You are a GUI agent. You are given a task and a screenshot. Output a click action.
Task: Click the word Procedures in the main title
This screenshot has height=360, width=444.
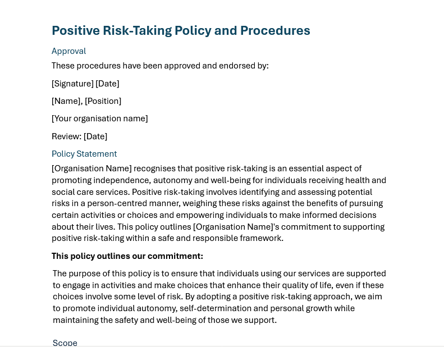(x=275, y=31)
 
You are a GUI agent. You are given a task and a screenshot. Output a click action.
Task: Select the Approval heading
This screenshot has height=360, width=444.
(x=68, y=51)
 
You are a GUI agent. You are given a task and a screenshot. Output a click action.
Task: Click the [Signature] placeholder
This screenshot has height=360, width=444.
(x=72, y=84)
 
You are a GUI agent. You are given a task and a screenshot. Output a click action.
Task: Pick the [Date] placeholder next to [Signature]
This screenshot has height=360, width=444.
(x=107, y=84)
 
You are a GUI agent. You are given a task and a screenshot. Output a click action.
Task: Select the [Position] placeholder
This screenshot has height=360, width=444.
(x=103, y=101)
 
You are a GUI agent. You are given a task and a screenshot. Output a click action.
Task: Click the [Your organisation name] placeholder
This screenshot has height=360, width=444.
(x=99, y=119)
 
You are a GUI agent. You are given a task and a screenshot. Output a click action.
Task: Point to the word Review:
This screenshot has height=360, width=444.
(x=66, y=136)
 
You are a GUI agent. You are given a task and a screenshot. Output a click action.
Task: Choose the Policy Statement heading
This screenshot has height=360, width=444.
(x=84, y=154)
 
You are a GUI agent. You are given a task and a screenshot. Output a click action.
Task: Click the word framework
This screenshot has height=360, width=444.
(x=263, y=239)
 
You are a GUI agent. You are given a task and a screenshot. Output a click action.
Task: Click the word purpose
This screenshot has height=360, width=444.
(x=86, y=274)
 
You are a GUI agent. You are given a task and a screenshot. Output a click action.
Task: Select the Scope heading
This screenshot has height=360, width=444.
(x=65, y=343)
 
